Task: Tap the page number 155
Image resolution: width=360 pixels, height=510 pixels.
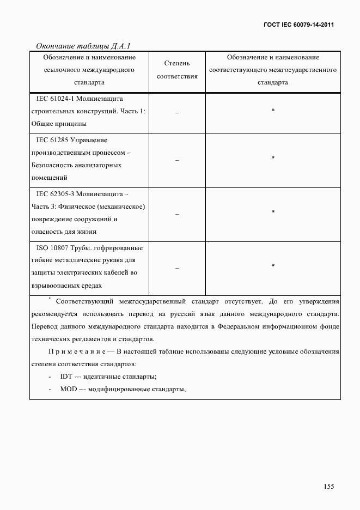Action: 328,487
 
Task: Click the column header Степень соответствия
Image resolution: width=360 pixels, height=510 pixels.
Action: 177,70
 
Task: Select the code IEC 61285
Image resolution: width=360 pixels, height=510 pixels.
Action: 53,141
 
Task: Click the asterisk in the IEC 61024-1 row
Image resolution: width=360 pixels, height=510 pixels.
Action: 273,111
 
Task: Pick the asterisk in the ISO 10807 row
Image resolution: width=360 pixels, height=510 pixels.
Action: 273,266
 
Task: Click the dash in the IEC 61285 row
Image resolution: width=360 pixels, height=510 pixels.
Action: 177,160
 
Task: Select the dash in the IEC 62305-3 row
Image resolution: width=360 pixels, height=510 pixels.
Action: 177,214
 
